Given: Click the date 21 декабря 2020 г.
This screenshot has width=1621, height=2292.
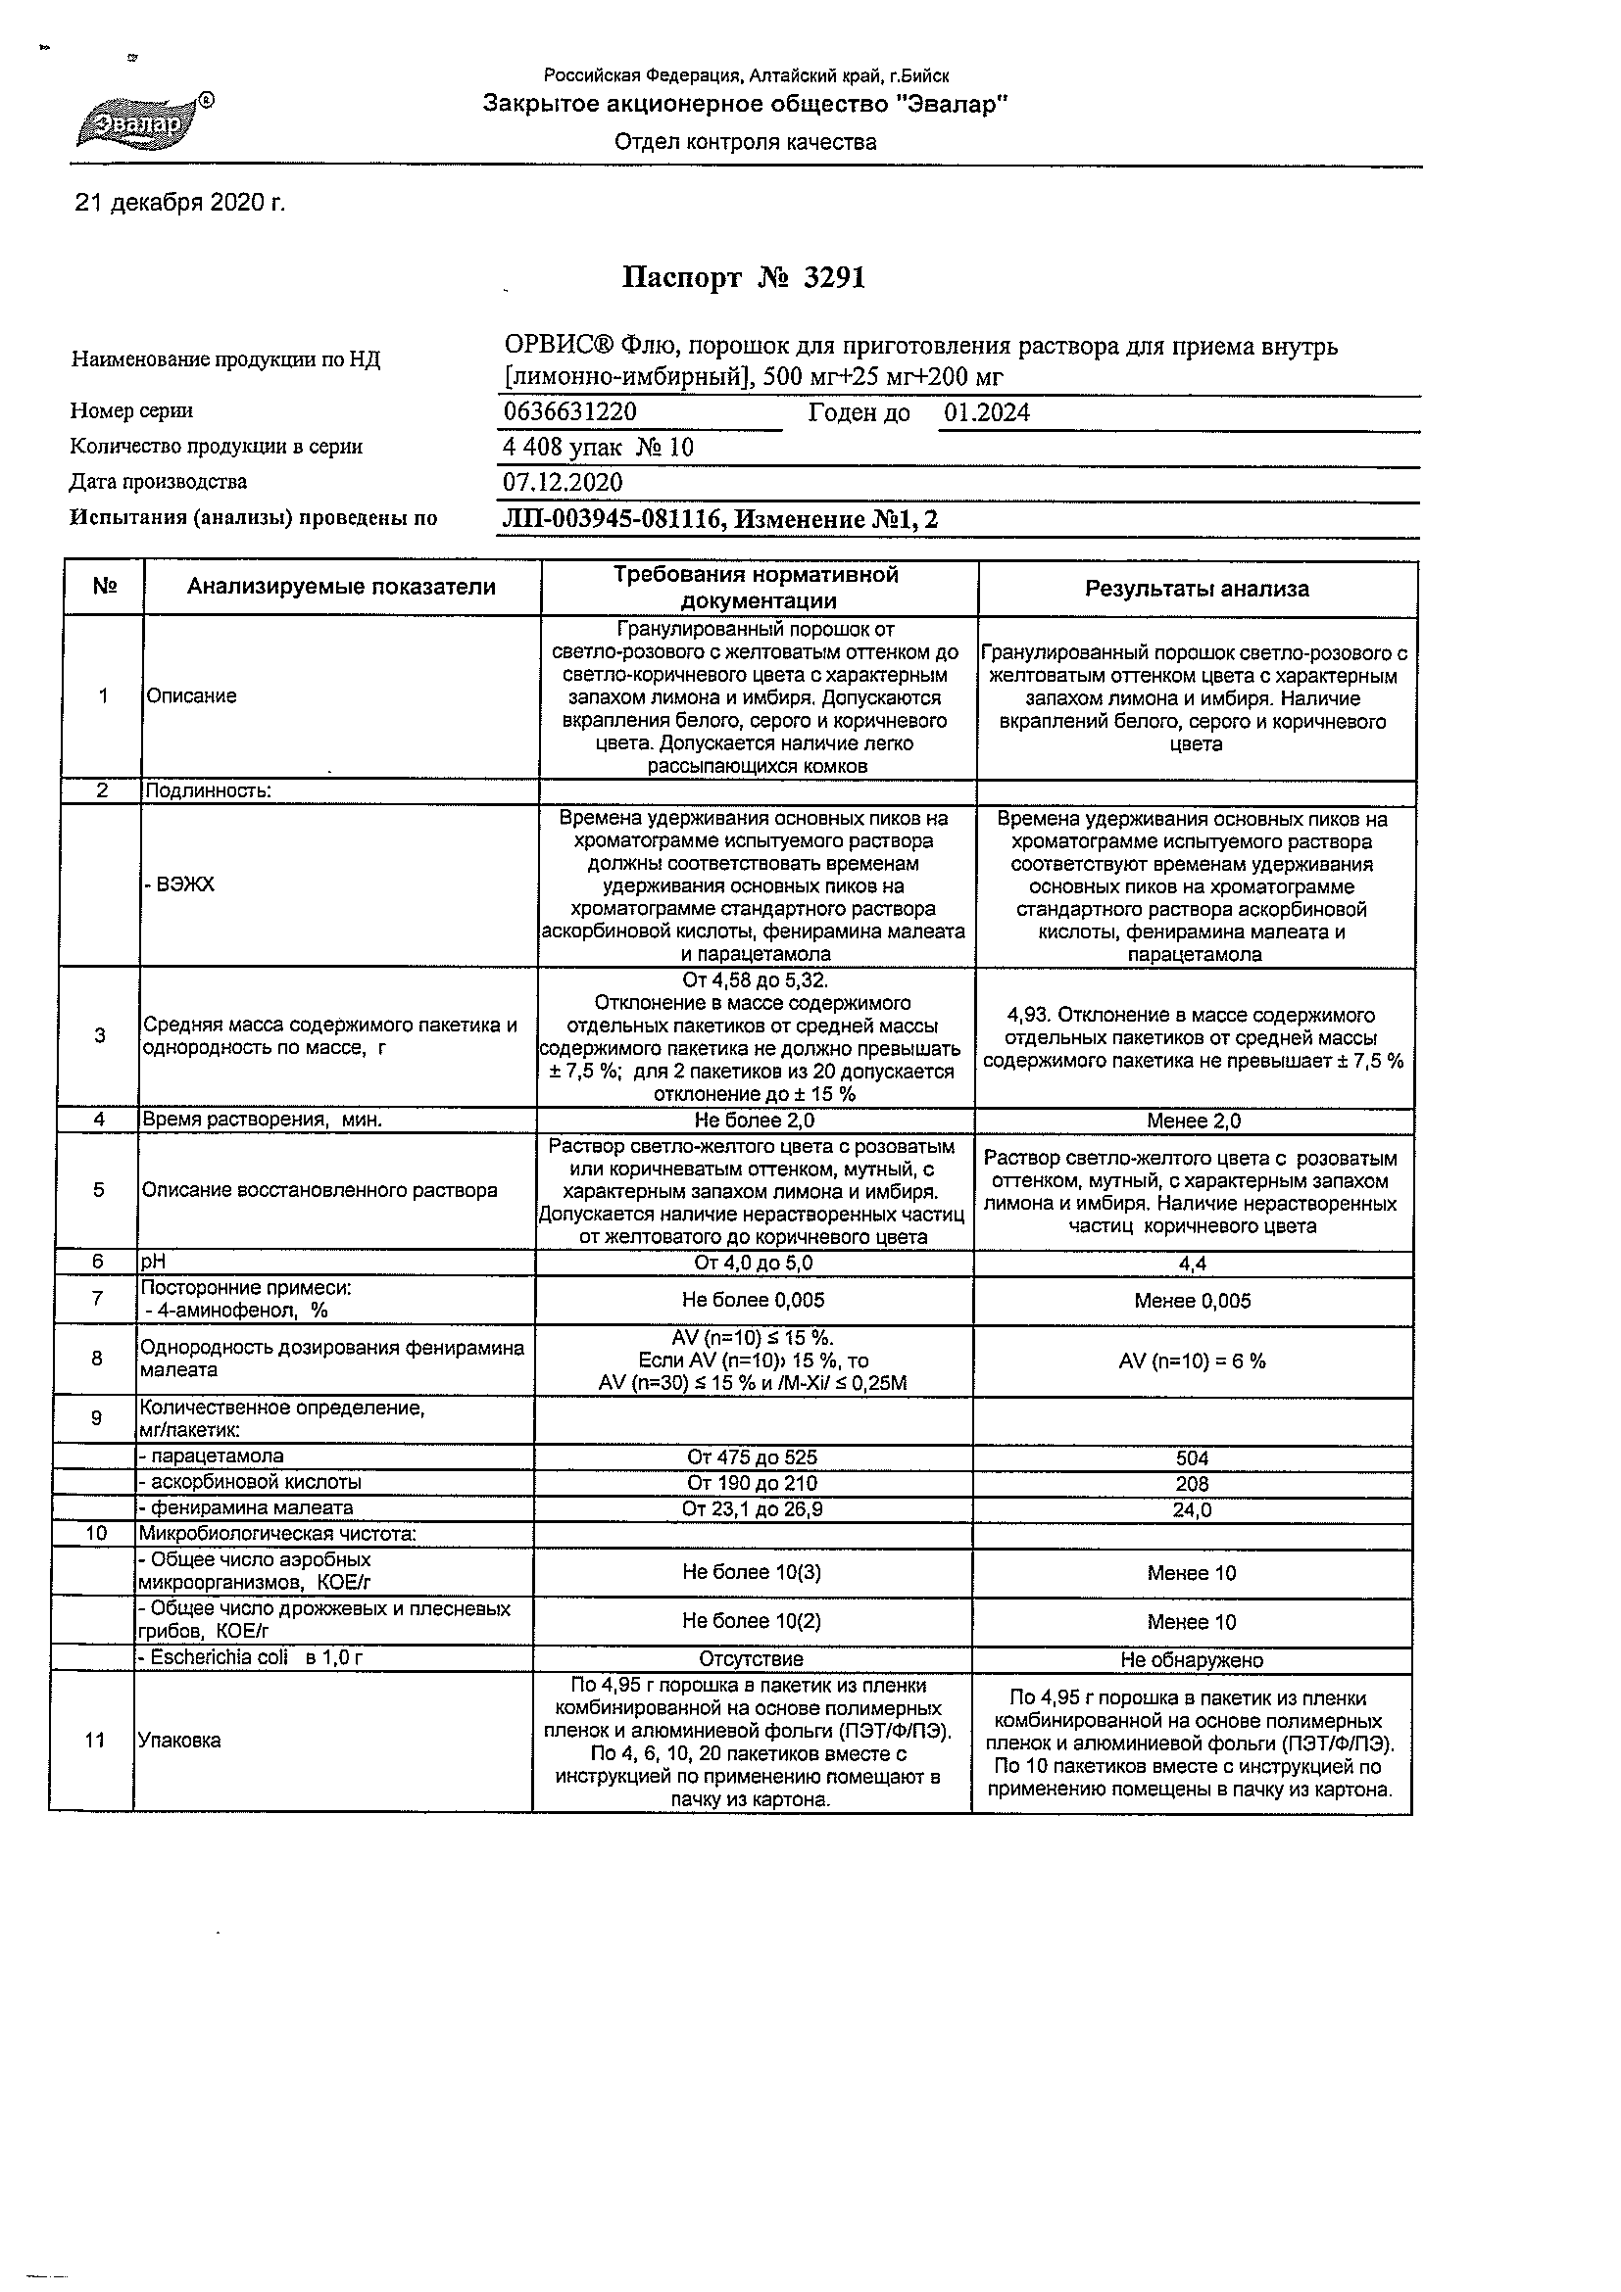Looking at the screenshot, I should [180, 204].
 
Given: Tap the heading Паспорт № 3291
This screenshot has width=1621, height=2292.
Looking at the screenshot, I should [743, 277].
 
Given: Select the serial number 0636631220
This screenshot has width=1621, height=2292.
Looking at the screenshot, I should [570, 412].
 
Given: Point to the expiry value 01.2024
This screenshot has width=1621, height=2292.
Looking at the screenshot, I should [987, 413].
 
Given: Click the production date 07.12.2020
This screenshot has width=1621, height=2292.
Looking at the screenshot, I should [563, 483].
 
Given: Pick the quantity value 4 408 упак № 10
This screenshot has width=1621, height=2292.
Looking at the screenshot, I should [598, 449].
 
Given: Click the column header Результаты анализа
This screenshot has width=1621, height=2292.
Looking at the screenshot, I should [1197, 589].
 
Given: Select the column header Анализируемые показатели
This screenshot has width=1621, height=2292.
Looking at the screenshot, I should [342, 587].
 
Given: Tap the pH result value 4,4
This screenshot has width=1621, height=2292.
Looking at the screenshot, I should [1193, 1264].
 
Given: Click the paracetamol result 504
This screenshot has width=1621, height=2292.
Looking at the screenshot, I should [1193, 1458].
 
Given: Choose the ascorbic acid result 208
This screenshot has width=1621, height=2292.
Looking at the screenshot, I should [1193, 1484].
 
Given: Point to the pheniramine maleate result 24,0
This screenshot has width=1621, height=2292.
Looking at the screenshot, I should [1193, 1510].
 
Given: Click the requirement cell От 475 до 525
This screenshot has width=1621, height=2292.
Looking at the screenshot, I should [752, 1456].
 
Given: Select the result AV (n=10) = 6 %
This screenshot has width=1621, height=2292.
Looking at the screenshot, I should [1193, 1361].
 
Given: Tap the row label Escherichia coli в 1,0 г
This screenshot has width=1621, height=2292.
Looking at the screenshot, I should [250, 1658].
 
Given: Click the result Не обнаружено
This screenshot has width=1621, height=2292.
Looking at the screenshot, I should [1193, 1660].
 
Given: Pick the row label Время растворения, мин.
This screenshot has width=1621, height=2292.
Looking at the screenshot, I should [263, 1121].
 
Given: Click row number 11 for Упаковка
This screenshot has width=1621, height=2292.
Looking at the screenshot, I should [95, 1741].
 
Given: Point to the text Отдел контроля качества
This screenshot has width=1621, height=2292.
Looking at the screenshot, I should [745, 142].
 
